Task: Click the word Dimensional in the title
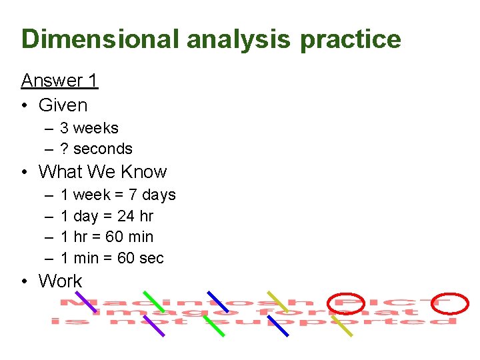[x=101, y=39]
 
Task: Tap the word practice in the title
[x=350, y=40]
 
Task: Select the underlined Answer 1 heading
[x=59, y=81]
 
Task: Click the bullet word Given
[x=63, y=105]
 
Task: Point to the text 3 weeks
[x=89, y=128]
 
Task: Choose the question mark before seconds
[x=64, y=149]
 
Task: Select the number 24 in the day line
[x=125, y=216]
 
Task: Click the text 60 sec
[x=140, y=258]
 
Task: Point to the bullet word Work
[x=60, y=281]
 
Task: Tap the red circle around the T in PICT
[x=451, y=303]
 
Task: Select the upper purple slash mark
[x=85, y=301]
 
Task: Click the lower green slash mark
[x=213, y=325]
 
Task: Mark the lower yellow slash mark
[x=342, y=325]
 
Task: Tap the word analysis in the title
[x=238, y=40]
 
